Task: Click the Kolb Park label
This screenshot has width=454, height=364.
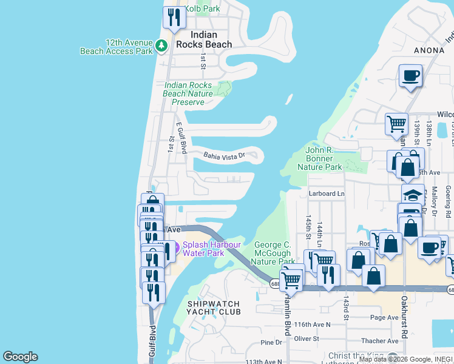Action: click(202, 9)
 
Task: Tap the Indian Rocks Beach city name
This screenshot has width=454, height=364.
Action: click(204, 39)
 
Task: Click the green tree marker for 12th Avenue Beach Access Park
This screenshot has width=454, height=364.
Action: click(161, 45)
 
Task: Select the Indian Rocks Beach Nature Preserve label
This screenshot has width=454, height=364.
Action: click(188, 94)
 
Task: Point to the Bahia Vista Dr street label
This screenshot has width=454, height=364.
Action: click(223, 155)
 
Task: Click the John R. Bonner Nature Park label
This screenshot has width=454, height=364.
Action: click(324, 158)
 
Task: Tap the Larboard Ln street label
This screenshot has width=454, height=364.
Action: click(326, 194)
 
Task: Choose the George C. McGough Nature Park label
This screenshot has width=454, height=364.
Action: click(273, 253)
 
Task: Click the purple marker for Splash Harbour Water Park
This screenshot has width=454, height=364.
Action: click(177, 247)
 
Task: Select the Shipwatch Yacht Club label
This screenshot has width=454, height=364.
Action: click(213, 308)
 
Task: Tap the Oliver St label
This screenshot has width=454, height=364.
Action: click(307, 338)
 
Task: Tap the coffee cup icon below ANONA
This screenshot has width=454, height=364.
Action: click(410, 76)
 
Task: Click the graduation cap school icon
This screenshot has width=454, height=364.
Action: click(413, 195)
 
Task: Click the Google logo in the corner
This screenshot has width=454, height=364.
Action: click(20, 357)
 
